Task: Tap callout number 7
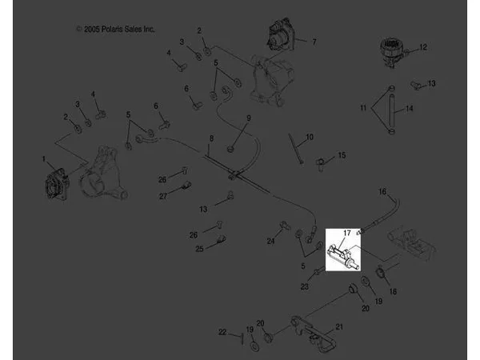point(314,42)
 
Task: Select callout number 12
point(422,47)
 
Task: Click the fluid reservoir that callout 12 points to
point(391,52)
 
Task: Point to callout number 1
point(44,159)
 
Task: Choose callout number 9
point(249,118)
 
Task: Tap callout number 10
point(310,137)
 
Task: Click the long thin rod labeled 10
point(295,149)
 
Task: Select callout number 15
point(342,155)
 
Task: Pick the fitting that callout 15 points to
point(320,164)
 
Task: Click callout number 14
point(410,108)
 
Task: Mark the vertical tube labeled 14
point(391,110)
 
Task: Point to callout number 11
point(363,108)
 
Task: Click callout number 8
point(211,138)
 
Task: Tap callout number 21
point(339,327)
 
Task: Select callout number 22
point(222,332)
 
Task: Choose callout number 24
point(270,242)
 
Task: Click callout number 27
point(163,196)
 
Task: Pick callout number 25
point(199,249)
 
